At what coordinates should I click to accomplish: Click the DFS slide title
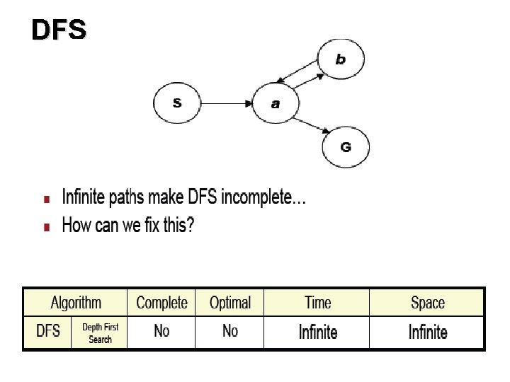tap(59, 30)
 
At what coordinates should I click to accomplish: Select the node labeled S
tap(177, 103)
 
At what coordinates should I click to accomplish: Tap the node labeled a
tap(276, 103)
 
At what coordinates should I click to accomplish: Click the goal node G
tap(346, 146)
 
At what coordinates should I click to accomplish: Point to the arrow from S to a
tap(227, 103)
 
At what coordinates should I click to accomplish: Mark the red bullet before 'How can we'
tap(47, 227)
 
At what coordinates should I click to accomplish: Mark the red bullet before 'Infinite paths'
tap(47, 197)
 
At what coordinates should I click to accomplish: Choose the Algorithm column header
tap(76, 303)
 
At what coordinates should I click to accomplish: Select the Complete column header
tap(161, 303)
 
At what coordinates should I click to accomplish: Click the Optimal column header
tap(230, 303)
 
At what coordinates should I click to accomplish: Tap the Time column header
tap(317, 303)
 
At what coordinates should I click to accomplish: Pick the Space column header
tap(428, 303)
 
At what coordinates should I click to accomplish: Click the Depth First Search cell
tap(100, 333)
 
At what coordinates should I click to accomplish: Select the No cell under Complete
tap(161, 331)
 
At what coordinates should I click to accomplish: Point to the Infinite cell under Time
tap(317, 332)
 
